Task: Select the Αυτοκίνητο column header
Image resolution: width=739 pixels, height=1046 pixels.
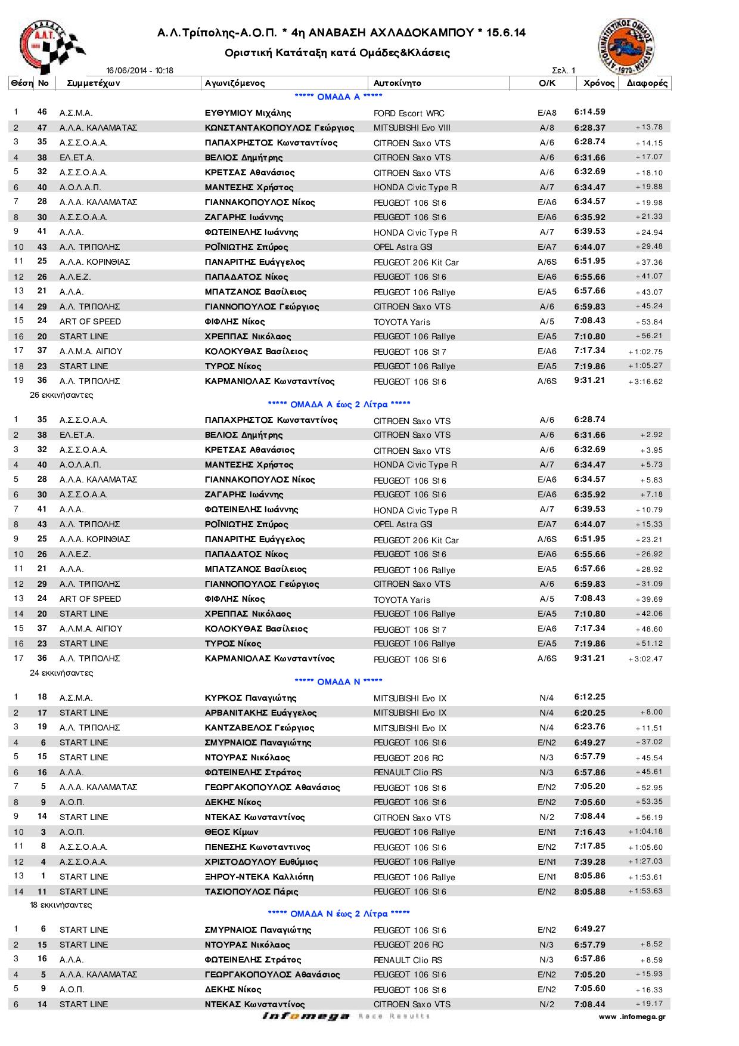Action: click(397, 83)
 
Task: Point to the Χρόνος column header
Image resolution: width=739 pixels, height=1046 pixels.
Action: click(598, 83)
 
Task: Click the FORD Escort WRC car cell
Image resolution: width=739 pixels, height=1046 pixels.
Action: click(409, 113)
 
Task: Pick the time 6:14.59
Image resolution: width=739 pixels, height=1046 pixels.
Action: click(590, 112)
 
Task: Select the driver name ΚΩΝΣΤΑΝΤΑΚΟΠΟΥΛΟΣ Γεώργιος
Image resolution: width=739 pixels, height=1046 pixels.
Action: click(280, 128)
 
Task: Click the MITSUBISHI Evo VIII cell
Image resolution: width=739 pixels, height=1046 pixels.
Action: click(412, 128)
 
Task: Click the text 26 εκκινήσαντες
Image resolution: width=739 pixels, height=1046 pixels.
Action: click(61, 395)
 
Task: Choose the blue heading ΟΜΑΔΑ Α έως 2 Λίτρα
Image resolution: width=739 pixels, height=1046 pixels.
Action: click(339, 404)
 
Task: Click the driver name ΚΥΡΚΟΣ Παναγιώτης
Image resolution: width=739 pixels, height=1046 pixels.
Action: click(250, 698)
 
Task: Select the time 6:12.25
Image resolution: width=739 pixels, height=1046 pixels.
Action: click(590, 697)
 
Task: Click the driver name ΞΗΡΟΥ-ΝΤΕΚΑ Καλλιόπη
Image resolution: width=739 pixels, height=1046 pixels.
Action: click(259, 877)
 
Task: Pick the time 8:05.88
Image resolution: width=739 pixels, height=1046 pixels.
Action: click(590, 891)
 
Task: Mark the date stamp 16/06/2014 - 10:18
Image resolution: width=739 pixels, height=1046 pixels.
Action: click(139, 70)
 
